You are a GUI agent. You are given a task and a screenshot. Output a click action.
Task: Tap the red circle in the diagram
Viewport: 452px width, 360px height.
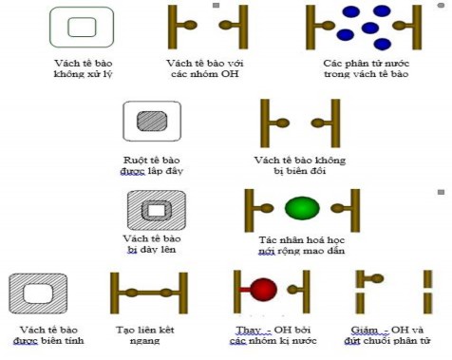[x=264, y=290]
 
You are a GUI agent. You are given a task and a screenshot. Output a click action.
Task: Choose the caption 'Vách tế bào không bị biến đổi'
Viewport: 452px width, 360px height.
[x=299, y=166]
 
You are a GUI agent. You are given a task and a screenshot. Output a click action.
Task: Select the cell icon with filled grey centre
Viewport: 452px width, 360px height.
[x=152, y=121]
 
